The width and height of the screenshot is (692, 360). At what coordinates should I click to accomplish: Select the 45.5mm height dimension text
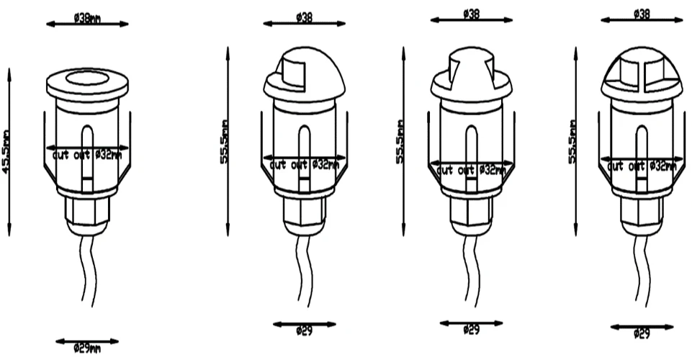coord(6,152)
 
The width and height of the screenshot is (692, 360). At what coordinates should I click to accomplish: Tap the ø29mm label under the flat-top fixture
coord(86,348)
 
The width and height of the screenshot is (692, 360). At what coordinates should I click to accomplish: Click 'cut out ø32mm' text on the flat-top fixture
coord(86,154)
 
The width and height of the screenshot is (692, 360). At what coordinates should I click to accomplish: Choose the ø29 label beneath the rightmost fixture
coord(642,333)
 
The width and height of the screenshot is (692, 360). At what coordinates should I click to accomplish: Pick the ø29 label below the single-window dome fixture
coord(304,332)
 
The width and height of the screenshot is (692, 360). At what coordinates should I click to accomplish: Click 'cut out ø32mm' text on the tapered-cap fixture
coord(471,170)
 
